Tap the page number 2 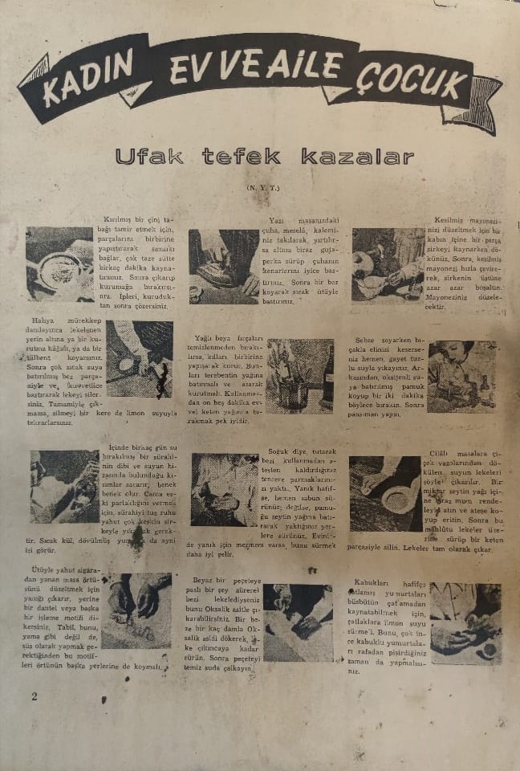pyautogui.click(x=34, y=696)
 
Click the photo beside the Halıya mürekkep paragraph pyautogui.click(x=139, y=358)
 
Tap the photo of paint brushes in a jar pyautogui.click(x=299, y=376)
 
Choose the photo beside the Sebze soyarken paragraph pyautogui.click(x=462, y=377)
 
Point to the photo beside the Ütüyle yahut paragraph pyautogui.click(x=136, y=610)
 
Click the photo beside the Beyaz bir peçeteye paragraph pyautogui.click(x=297, y=622)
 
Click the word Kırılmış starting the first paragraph pyautogui.click(x=118, y=218)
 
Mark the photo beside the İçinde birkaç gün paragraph pyautogui.click(x=64, y=487)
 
